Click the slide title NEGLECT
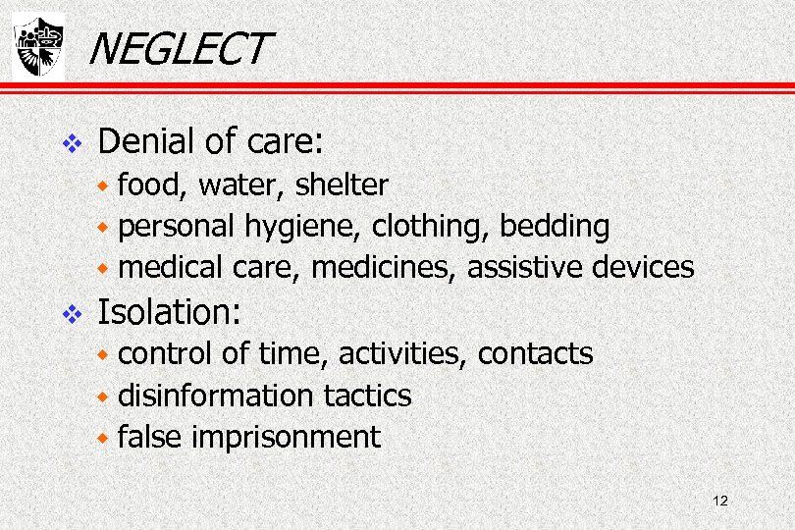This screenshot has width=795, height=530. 177,48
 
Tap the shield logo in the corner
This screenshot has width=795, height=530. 37,46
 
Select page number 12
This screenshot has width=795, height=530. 720,502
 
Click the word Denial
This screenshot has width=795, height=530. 146,142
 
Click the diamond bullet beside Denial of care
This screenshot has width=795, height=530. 69,144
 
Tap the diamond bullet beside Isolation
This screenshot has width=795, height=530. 69,314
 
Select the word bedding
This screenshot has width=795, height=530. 555,227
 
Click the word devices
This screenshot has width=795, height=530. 647,267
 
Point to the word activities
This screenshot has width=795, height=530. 395,352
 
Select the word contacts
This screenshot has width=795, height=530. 535,353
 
